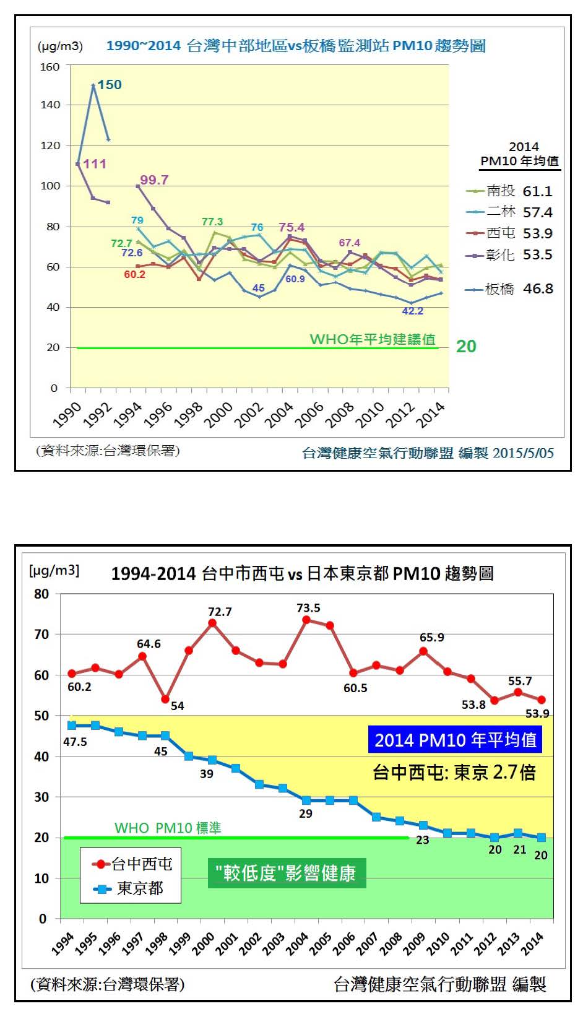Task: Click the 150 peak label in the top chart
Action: tap(110, 85)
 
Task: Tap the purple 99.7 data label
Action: tap(154, 180)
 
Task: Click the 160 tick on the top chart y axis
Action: tap(50, 67)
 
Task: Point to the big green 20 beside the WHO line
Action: tap(466, 347)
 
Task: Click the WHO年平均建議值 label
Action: tap(373, 339)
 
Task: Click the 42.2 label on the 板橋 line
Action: tap(413, 311)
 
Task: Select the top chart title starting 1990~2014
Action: tap(296, 46)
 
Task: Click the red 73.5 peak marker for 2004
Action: tap(306, 620)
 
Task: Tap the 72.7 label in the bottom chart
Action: tap(220, 612)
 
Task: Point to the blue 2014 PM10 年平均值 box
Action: tap(455, 740)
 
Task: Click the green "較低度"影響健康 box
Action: tap(285, 873)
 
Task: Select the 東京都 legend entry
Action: tap(130, 889)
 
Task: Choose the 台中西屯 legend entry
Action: tap(131, 864)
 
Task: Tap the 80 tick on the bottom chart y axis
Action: tap(41, 594)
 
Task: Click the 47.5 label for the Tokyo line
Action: tap(75, 742)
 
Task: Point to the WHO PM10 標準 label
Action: tap(168, 828)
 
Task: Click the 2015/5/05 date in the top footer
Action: tap(523, 453)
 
